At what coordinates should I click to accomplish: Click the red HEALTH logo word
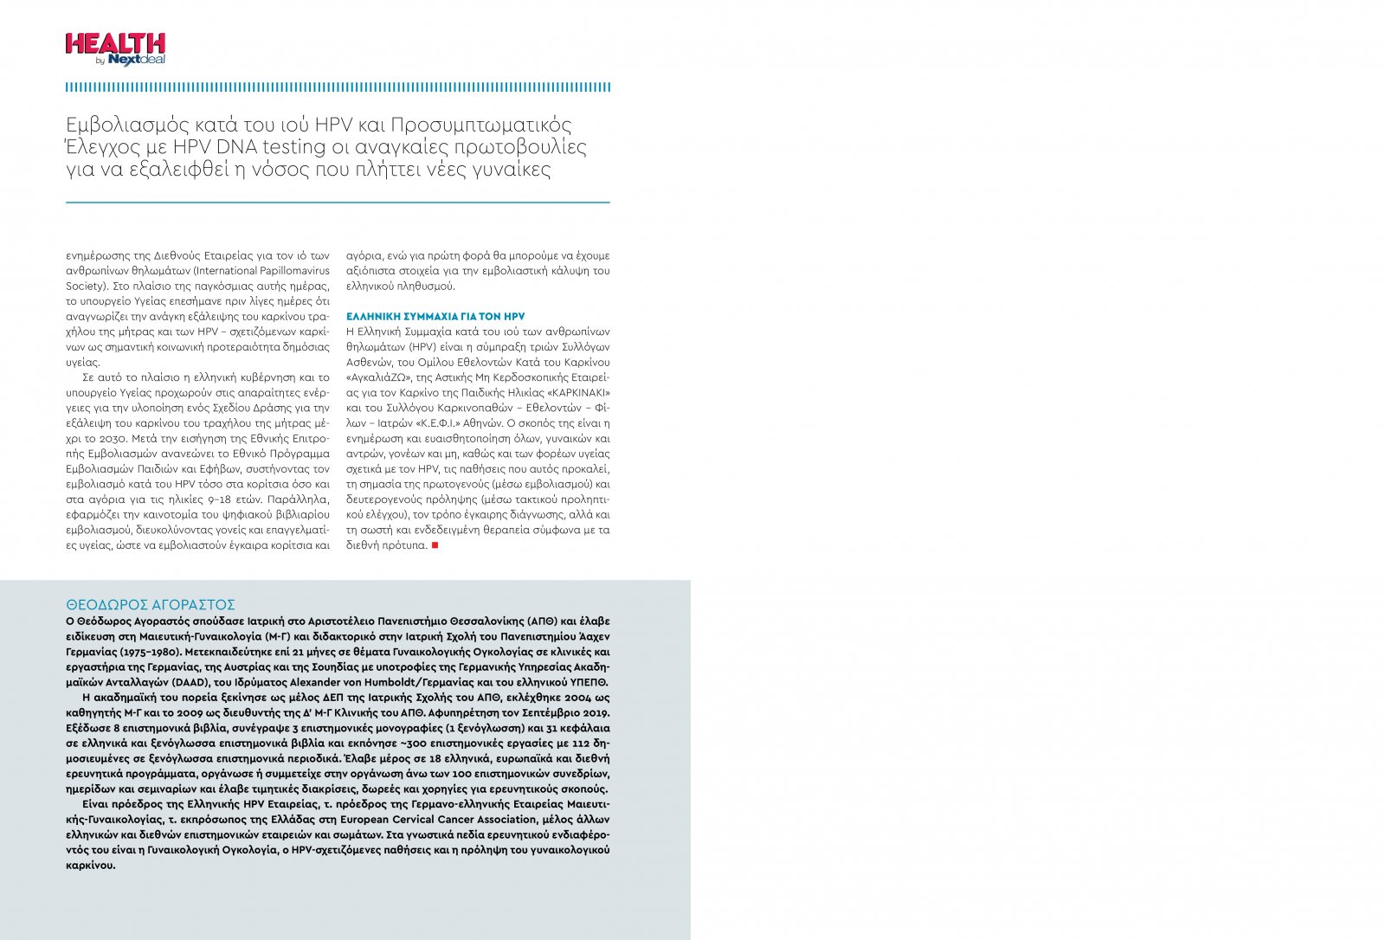(115, 44)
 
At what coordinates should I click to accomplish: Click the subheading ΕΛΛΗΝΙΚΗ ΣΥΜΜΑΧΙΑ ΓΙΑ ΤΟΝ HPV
(435, 317)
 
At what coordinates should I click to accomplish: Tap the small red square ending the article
(435, 545)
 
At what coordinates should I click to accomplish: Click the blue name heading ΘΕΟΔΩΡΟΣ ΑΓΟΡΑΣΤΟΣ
(151, 605)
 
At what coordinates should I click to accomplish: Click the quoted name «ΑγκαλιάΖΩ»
(379, 377)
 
